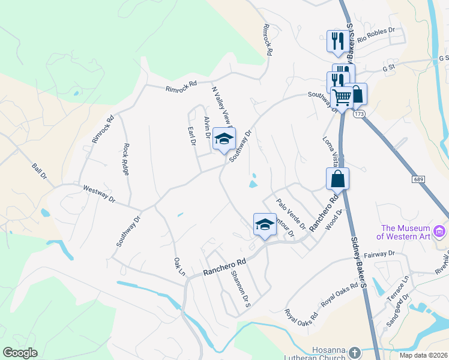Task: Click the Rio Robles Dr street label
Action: tap(376, 37)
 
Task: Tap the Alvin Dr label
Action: tap(207, 127)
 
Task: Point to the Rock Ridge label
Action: tap(126, 159)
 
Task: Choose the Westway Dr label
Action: tap(98, 193)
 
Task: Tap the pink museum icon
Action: tap(440, 231)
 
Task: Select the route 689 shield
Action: tap(419, 179)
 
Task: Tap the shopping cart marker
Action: tap(342, 97)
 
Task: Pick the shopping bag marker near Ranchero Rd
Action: tap(337, 178)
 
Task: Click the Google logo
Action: tap(20, 353)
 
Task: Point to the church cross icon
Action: tap(354, 352)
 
